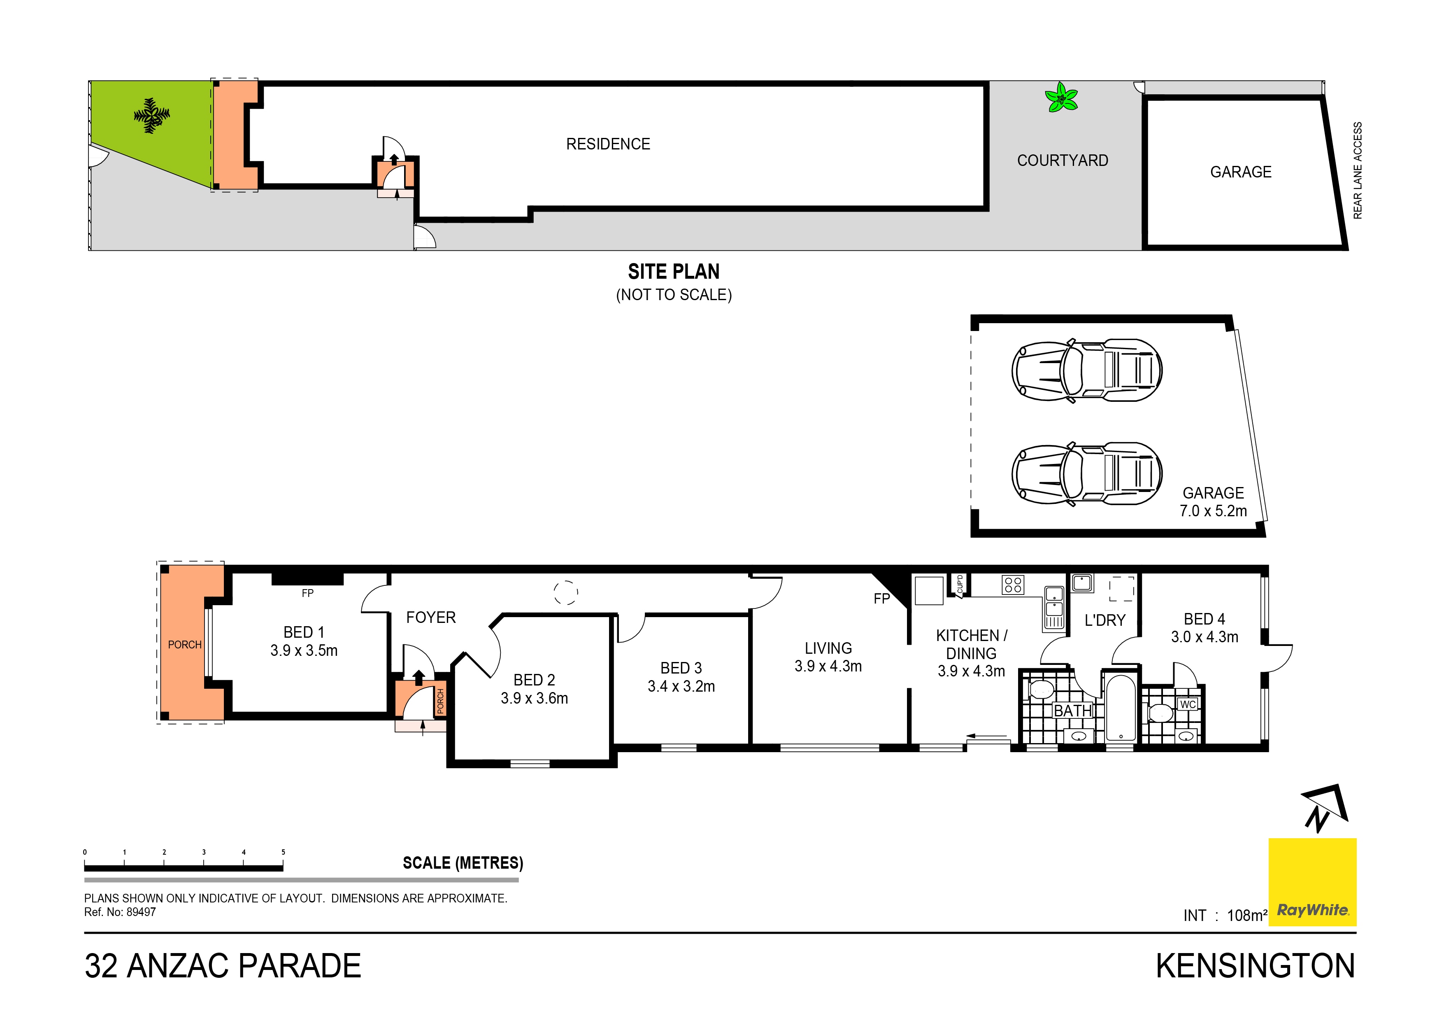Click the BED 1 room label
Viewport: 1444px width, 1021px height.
tap(304, 632)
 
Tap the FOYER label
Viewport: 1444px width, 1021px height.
tap(431, 618)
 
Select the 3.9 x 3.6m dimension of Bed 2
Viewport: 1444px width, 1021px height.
tap(534, 698)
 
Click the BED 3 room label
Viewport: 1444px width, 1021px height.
tap(681, 668)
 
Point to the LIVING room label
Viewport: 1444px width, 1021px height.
tap(828, 648)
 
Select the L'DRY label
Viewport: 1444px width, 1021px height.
tap(1105, 620)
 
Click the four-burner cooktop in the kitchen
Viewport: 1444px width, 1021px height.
tap(1013, 585)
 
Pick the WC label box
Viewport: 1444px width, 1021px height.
tap(1187, 704)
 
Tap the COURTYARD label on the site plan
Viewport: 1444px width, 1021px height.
tap(1062, 161)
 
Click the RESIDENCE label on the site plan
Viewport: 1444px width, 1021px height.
tap(607, 144)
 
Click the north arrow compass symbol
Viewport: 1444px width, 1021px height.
tap(1323, 809)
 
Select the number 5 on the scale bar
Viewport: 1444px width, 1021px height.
tap(283, 852)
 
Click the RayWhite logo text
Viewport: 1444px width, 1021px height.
tap(1313, 910)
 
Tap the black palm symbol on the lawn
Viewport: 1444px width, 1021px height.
tap(151, 115)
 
